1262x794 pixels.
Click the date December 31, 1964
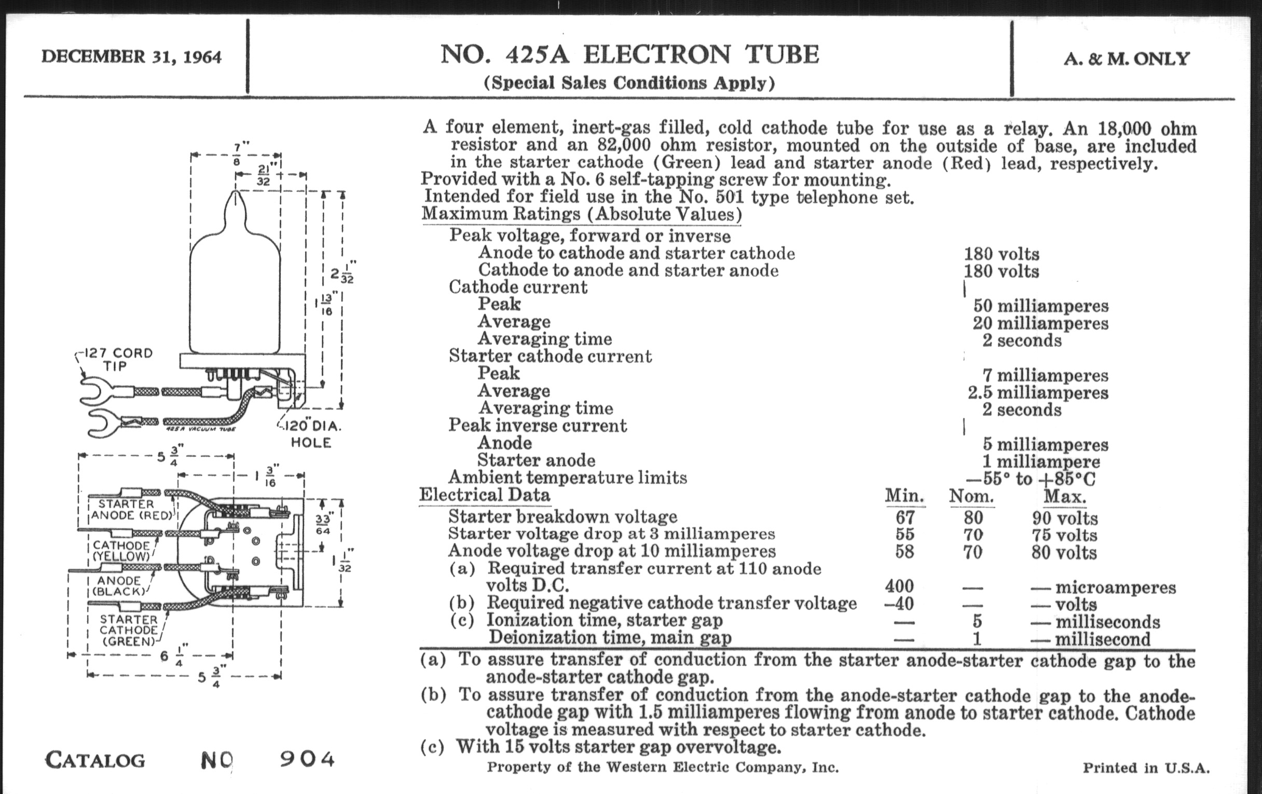131,57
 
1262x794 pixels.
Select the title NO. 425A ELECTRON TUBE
629,55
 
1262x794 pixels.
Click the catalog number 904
307,759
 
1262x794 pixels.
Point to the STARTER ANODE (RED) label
131,510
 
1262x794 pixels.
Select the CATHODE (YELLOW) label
121,551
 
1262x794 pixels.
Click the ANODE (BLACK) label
119,586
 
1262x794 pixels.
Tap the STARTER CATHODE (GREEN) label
129,631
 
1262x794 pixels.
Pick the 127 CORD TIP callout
118,359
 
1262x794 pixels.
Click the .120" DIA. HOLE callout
312,434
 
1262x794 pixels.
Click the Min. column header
904,496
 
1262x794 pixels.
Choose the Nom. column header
971,496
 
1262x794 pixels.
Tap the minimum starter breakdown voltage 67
905,518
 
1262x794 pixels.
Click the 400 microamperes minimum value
899,586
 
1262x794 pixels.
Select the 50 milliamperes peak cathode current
1040,306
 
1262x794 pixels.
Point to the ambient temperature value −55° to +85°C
1031,478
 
